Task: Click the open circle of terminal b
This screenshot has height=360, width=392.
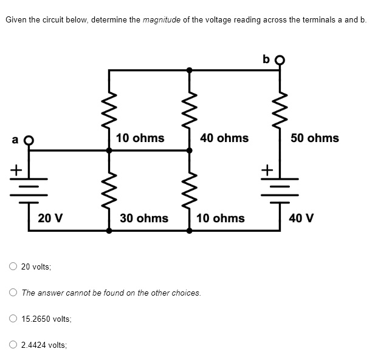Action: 280,60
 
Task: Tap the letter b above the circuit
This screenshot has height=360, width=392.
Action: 267,59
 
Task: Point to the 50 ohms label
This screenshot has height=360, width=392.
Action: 314,138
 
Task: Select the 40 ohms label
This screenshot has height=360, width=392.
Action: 224,138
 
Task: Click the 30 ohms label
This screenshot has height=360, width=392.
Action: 144,217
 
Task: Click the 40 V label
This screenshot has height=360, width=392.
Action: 302,217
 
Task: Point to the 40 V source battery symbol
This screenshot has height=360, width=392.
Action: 280,183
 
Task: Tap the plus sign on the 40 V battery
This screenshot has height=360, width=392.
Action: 265,171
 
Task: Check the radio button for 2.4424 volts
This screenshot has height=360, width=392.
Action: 13,344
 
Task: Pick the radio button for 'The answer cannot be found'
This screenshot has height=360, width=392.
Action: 13,293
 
